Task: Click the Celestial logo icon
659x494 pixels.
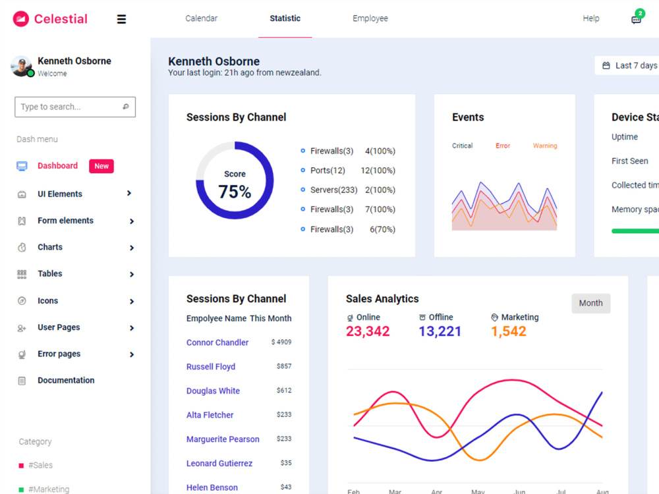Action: coord(20,18)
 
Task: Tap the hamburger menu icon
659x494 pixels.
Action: coord(121,19)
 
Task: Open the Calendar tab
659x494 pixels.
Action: coord(201,18)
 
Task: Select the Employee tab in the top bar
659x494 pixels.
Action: coord(370,18)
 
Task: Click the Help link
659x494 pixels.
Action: coord(591,18)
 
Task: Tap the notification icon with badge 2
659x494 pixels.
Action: coord(637,17)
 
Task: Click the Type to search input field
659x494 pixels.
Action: coord(75,107)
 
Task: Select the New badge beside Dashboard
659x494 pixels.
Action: coord(101,166)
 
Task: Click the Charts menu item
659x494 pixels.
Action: coord(50,247)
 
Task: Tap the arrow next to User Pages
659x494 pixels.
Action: coord(132,328)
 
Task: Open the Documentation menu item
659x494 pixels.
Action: coord(66,380)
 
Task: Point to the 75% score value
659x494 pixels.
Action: coord(235,192)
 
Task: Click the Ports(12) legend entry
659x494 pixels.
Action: coord(328,171)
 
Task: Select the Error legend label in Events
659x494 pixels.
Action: coord(503,146)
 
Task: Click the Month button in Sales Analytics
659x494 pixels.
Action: coord(591,303)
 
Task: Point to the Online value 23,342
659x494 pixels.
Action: coord(368,331)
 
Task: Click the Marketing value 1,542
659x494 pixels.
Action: coord(509,331)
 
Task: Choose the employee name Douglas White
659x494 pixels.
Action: coord(213,391)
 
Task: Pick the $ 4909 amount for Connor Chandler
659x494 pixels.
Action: coord(281,342)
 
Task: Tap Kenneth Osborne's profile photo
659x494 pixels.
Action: coord(22,67)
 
